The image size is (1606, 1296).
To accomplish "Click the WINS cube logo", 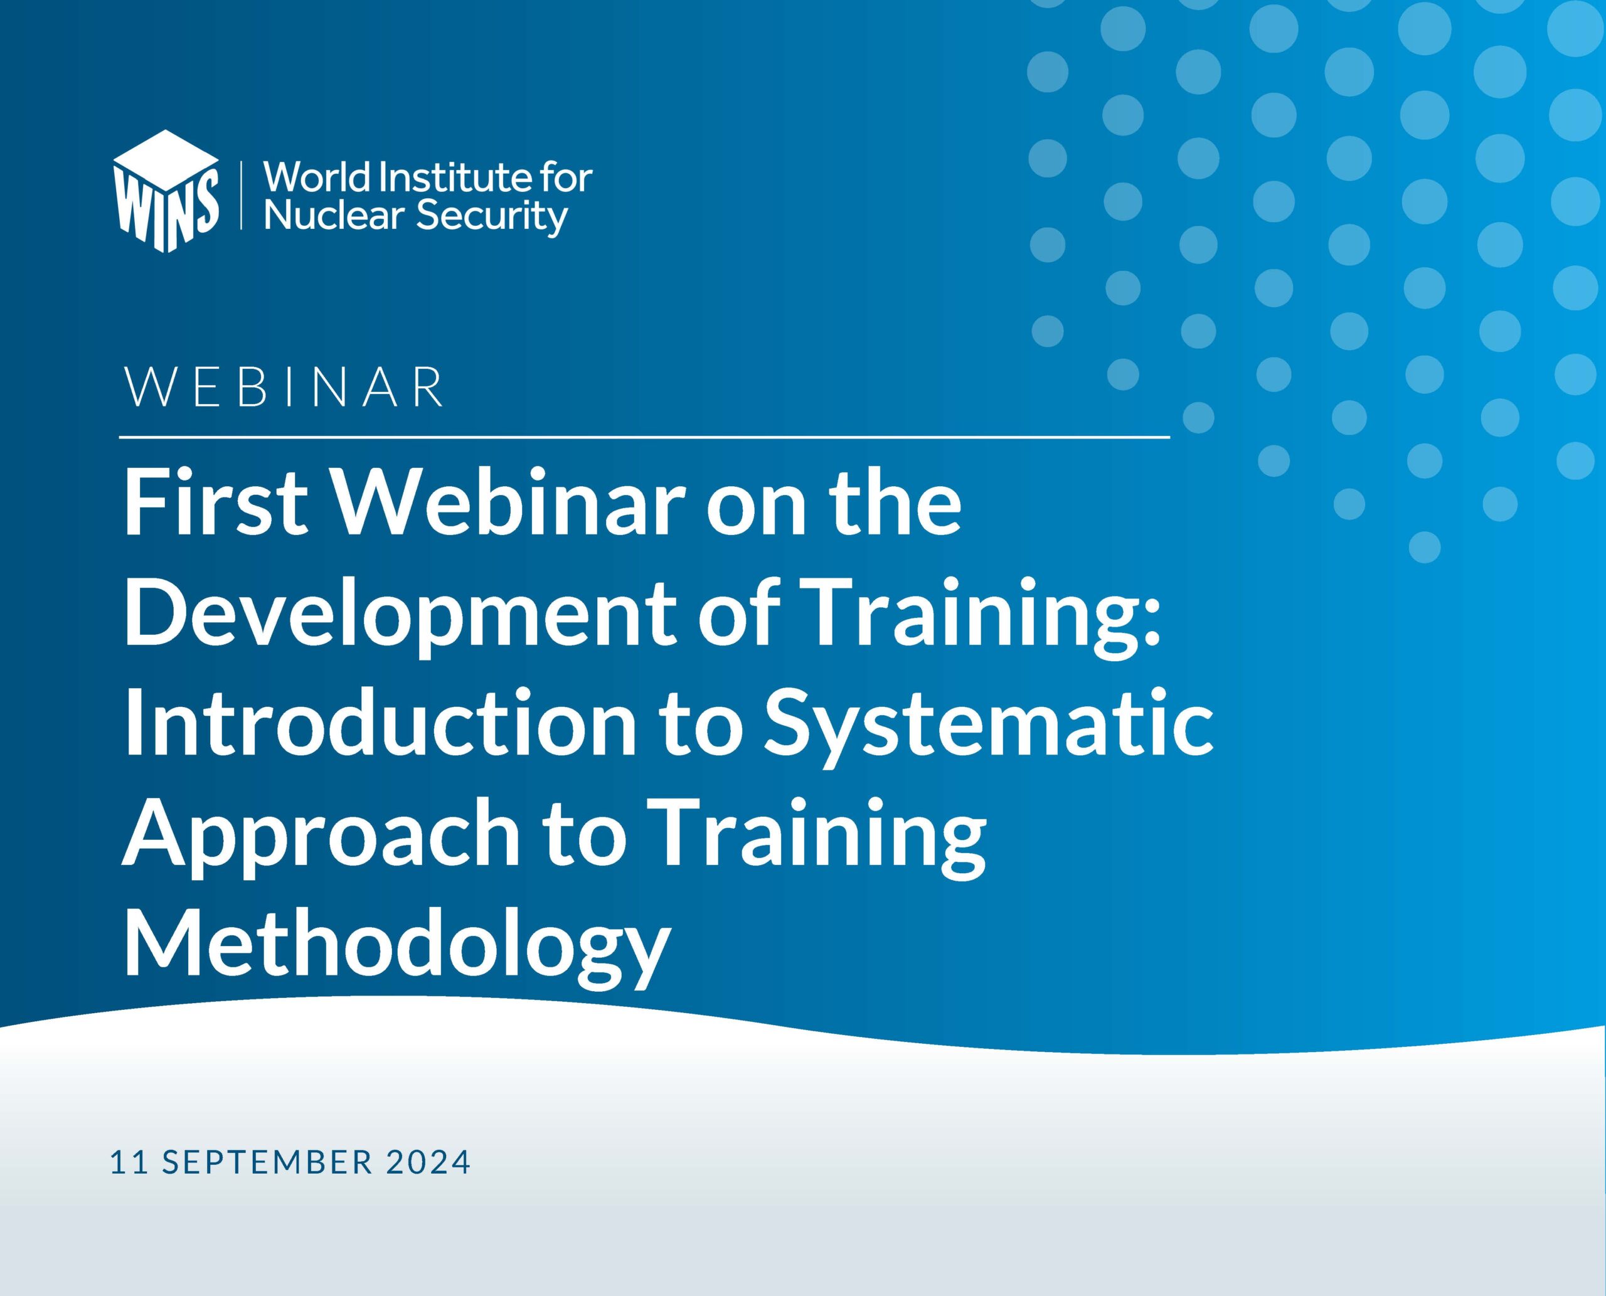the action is click(x=166, y=191).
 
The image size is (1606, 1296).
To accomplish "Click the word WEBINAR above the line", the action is click(x=284, y=386).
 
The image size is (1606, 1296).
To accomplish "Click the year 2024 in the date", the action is click(x=428, y=1162).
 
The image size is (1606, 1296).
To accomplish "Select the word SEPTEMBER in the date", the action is click(x=267, y=1162).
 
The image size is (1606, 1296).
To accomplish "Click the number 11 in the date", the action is click(x=129, y=1162).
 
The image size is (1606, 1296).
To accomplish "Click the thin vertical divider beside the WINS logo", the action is click(x=241, y=193).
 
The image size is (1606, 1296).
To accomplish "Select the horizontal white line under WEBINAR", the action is click(x=644, y=437).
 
